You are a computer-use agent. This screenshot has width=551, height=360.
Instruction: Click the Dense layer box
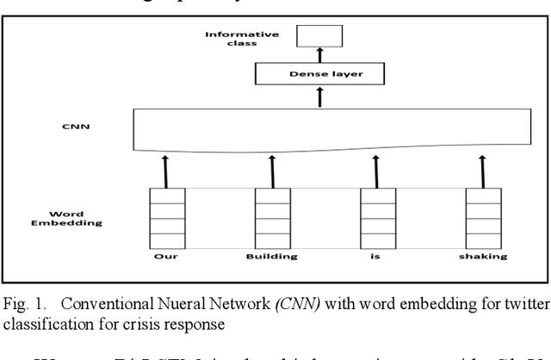[319, 75]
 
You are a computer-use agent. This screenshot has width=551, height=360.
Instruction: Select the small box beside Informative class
[319, 37]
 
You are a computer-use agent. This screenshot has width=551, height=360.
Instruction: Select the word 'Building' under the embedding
[271, 256]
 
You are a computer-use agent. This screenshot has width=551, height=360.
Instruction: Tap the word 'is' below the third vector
[376, 256]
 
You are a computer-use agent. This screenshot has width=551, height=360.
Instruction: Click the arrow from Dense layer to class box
[319, 55]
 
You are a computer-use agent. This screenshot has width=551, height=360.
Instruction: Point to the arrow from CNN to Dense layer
[319, 96]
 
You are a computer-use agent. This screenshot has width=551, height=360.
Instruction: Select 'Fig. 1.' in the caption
[24, 304]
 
